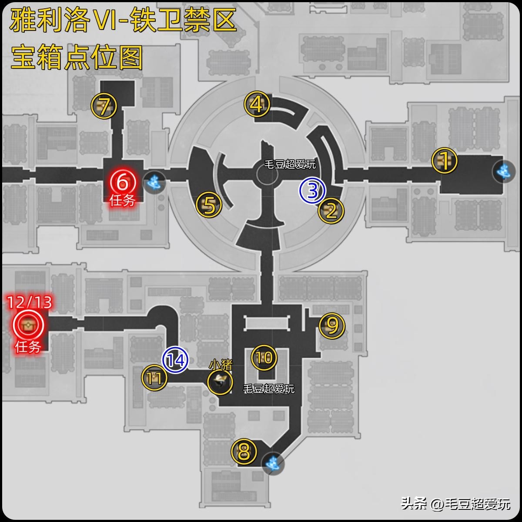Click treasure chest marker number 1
click(444, 161)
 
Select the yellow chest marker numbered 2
click(331, 211)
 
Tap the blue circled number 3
click(312, 190)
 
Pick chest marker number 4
click(257, 104)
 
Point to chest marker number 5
click(209, 204)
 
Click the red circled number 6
click(122, 182)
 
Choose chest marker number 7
click(104, 106)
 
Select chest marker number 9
click(332, 325)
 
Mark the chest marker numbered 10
click(264, 358)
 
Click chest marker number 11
click(154, 378)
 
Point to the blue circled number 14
click(175, 360)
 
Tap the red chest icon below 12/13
click(28, 325)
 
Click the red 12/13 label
click(30, 302)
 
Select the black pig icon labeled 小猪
click(220, 381)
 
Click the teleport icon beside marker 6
click(154, 182)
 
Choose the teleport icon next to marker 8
click(273, 463)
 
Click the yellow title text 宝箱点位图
click(77, 57)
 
